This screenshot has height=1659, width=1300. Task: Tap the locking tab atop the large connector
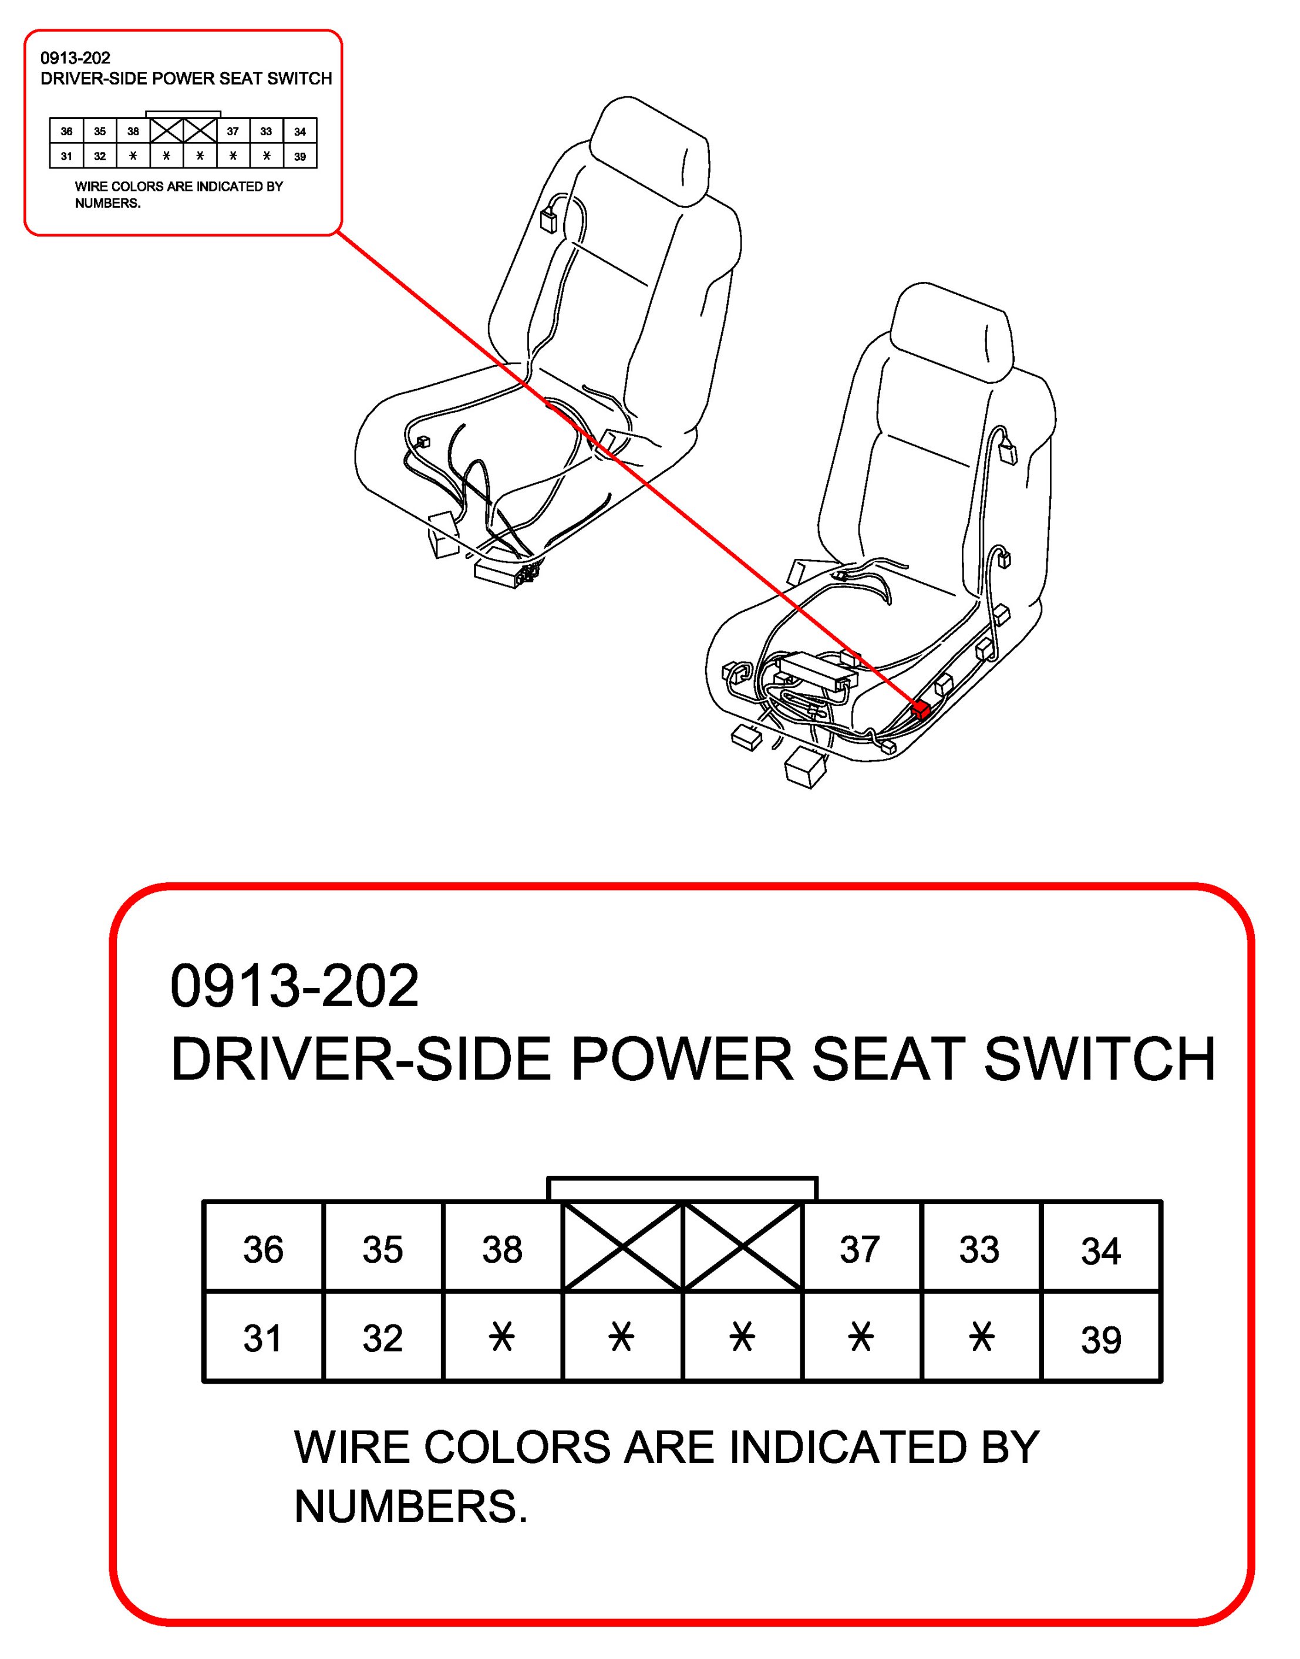tap(683, 1189)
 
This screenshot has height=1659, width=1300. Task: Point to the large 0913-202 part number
tap(295, 986)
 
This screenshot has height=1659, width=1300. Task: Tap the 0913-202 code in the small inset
tap(75, 58)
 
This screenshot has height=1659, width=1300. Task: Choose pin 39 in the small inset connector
tap(300, 157)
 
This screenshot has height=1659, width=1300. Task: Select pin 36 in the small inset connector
tap(67, 131)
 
